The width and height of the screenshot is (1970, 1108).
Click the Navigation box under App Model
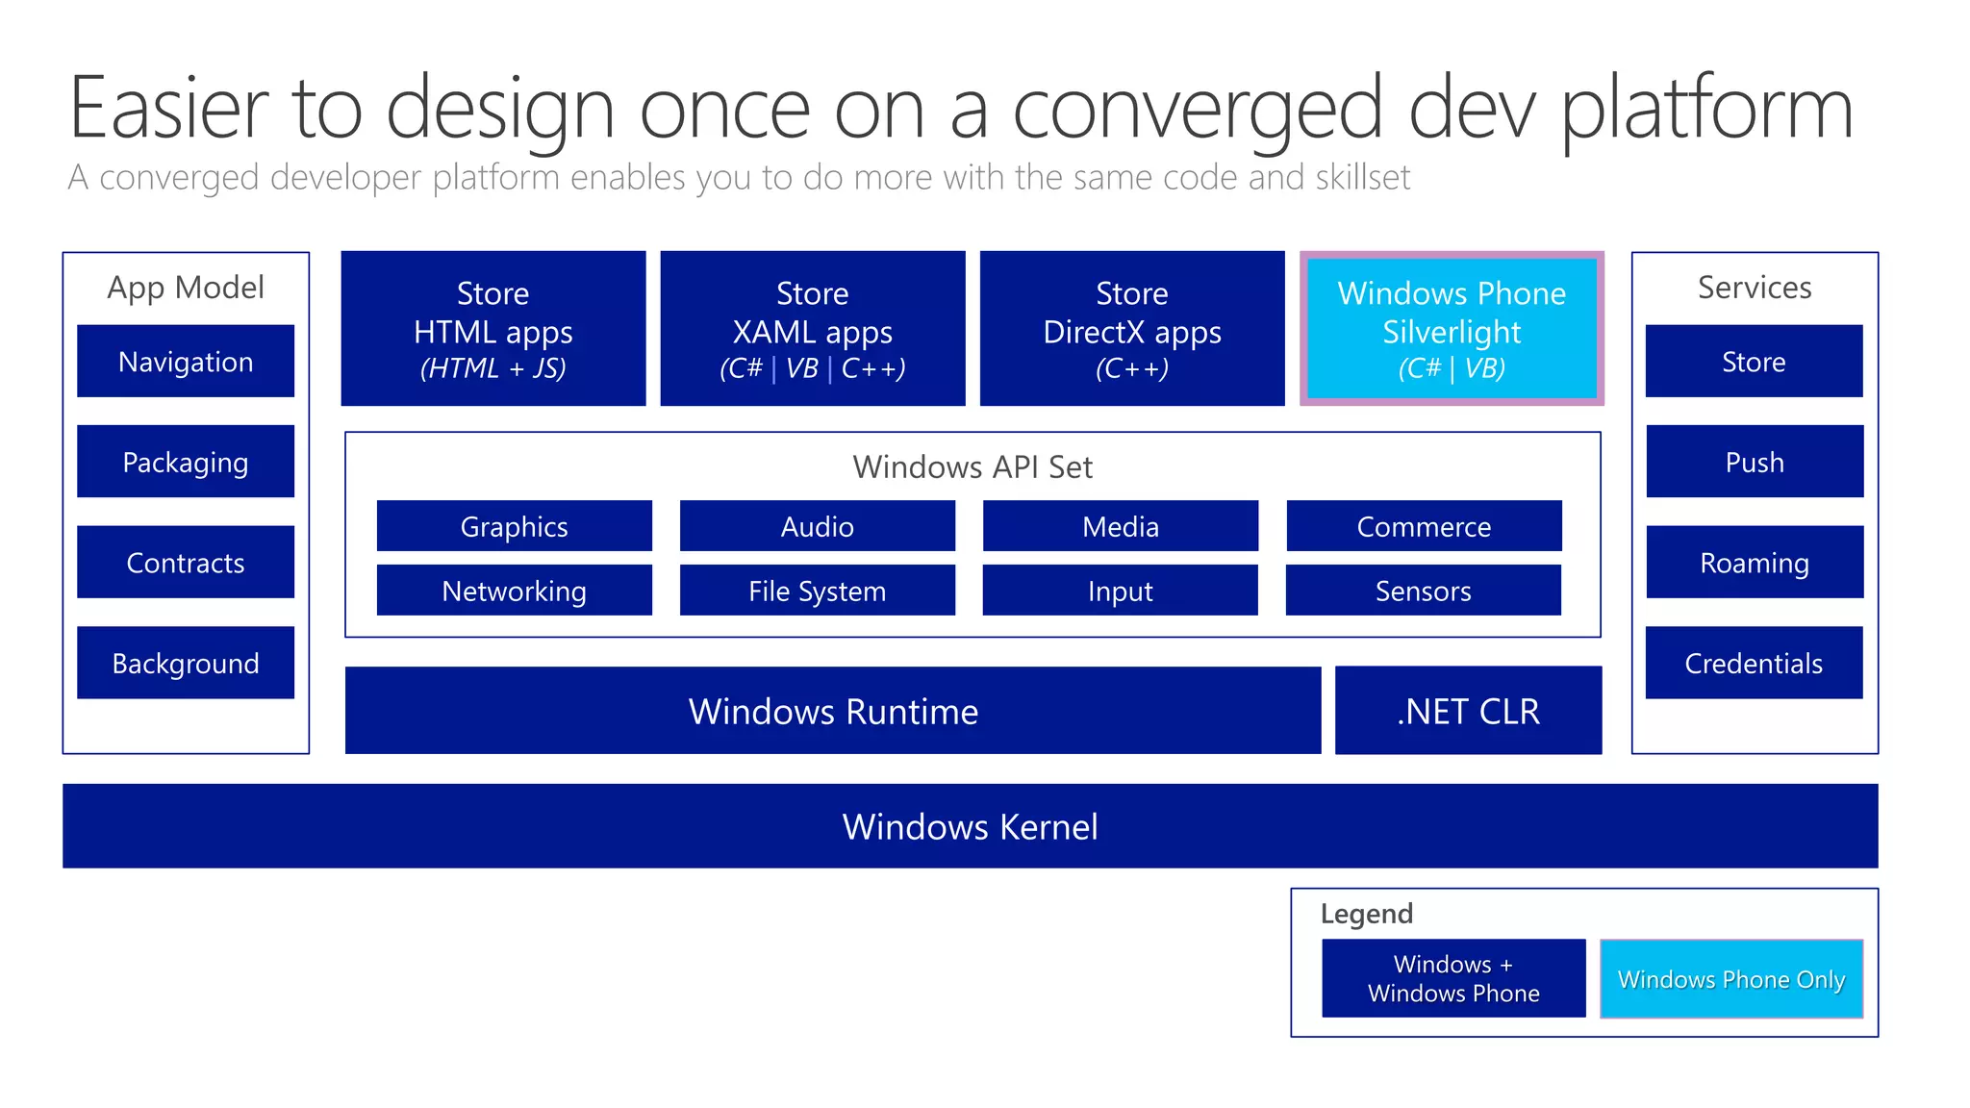(x=186, y=361)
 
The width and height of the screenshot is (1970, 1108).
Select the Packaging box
(x=186, y=462)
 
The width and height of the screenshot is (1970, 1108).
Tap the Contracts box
(x=186, y=562)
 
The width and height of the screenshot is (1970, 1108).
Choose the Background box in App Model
(x=186, y=663)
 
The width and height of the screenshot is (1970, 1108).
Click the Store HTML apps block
(x=492, y=328)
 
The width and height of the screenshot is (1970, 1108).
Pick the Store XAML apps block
(x=812, y=328)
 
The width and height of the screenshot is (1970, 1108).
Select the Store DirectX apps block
(x=1131, y=328)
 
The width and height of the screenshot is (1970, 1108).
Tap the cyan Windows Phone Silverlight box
(x=1451, y=328)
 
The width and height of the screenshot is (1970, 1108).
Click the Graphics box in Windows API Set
(x=514, y=526)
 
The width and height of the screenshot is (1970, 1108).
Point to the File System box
(x=817, y=591)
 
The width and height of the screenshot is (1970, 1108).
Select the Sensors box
(x=1423, y=591)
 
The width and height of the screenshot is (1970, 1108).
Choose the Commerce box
(x=1424, y=526)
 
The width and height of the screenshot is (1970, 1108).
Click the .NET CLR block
(x=1468, y=711)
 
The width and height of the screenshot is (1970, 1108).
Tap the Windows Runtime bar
(x=832, y=711)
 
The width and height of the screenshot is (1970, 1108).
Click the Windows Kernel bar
(x=970, y=826)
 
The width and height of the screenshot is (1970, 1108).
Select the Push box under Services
(x=1755, y=462)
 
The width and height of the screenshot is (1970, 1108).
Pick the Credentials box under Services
(x=1754, y=663)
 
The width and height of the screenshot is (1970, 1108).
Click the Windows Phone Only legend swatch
(x=1730, y=979)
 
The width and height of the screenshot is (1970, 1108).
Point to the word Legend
(x=1366, y=914)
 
